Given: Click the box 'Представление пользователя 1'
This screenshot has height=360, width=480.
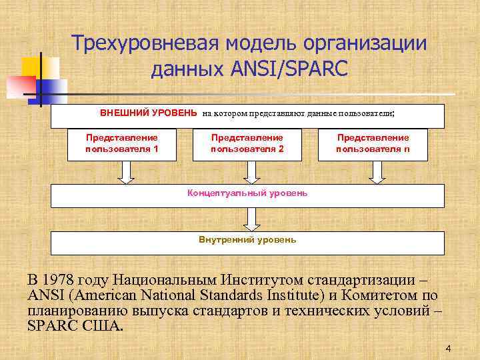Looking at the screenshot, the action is coord(122,144).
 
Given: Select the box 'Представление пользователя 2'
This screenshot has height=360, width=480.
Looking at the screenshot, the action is coord(247,144).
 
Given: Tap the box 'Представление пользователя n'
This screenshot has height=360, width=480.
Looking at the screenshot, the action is coord(373,144).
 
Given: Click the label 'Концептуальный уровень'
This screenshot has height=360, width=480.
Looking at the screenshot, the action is coord(247,193).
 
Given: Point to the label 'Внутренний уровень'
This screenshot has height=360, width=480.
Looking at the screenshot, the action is coord(247,239).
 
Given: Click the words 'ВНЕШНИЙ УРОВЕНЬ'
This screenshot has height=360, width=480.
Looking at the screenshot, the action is coord(148,113).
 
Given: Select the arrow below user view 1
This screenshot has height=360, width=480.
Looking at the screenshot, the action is coord(125,173).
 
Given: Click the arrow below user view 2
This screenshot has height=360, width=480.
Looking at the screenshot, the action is coord(250,173).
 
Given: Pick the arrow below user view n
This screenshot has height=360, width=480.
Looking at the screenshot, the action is coord(377,173).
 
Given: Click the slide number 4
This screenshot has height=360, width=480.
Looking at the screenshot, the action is coord(448,349).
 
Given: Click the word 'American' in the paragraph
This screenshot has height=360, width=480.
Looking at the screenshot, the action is coord(107,295).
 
